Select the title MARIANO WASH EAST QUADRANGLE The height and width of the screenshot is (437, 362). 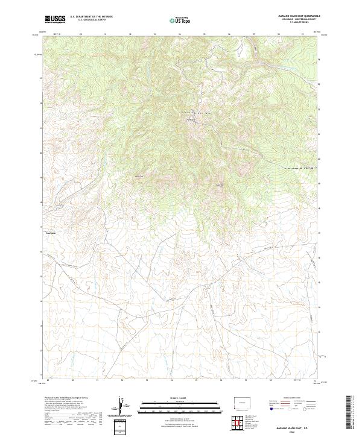[x=299, y=16]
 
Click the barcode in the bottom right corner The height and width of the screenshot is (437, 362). [x=352, y=415]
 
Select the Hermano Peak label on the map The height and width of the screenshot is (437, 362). [x=191, y=119]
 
